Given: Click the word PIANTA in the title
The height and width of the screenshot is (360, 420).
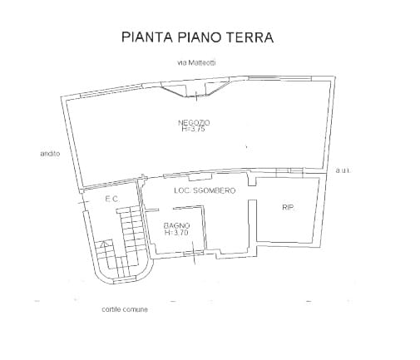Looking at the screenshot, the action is click(146, 37).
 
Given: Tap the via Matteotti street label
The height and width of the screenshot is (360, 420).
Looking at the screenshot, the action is click(196, 62).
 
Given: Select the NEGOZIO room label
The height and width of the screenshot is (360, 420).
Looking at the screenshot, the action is click(194, 122).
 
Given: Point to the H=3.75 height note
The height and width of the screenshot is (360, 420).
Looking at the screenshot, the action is click(194, 129).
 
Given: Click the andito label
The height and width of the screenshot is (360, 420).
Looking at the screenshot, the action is click(50, 153).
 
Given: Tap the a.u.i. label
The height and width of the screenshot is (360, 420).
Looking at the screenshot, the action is click(343, 170).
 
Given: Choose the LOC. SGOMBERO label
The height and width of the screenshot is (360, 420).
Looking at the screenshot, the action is click(205, 190).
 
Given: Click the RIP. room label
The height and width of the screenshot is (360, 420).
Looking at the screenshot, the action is click(288, 207).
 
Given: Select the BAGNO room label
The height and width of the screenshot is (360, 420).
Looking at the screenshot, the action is click(177, 225).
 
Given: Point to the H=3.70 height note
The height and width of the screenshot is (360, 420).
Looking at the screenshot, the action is click(176, 232).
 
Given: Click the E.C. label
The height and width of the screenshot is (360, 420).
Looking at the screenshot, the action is click(112, 199).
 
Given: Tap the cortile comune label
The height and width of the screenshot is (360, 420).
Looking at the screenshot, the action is click(125, 309).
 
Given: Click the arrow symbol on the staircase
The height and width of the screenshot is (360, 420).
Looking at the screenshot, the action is click(104, 244).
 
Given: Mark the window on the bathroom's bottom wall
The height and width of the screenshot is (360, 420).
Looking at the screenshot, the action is click(193, 253).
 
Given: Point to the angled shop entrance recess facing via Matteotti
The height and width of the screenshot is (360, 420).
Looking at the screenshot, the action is click(196, 89).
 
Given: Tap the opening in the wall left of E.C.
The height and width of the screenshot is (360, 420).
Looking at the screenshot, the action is click(82, 201).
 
